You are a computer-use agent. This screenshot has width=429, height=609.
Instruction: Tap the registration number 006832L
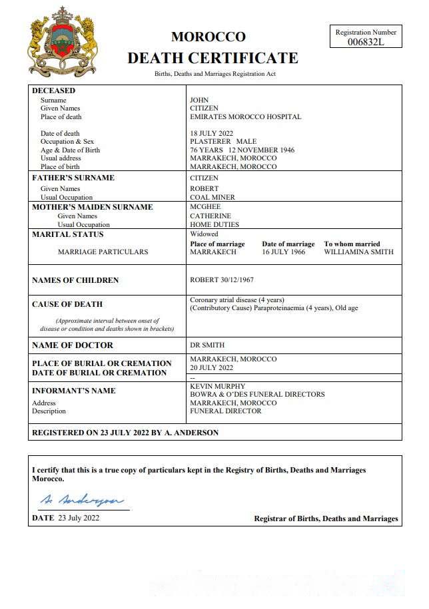366,41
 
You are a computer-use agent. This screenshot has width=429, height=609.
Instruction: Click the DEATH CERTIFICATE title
213,58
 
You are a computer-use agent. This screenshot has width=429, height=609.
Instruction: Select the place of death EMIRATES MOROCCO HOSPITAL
245,116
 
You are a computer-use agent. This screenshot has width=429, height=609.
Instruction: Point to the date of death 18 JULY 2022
211,133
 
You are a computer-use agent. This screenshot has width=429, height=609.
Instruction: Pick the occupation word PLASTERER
211,142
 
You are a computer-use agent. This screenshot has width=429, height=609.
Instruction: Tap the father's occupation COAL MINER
213,197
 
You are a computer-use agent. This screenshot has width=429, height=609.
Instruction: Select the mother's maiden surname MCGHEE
205,207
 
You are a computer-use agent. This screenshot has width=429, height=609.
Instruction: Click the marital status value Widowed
204,234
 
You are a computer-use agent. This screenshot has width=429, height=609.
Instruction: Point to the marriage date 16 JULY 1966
284,252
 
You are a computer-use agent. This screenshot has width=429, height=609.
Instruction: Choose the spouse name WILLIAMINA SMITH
358,252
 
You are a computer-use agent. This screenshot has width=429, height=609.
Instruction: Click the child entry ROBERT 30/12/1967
221,280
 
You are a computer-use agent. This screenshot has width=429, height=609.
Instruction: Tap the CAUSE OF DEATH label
67,304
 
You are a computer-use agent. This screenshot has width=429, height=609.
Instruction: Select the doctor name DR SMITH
207,345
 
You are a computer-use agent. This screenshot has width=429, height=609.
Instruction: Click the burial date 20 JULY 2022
212,367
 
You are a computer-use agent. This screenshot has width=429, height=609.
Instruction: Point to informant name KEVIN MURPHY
218,386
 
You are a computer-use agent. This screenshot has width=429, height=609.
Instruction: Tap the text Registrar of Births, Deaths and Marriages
326,518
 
